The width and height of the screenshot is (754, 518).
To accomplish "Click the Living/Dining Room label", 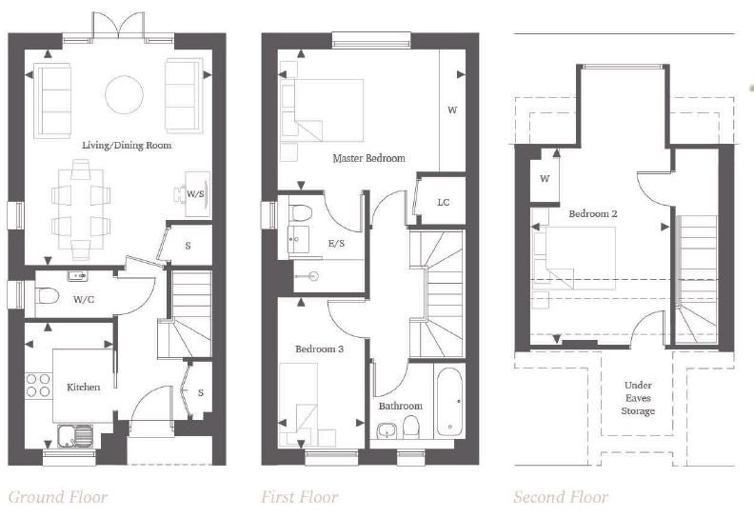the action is coord(127,146).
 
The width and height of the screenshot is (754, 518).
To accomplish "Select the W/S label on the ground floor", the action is coord(195,194).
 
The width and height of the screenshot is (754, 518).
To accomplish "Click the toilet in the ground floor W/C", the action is coord(49,296).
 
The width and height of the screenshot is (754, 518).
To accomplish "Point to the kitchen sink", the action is coord(75,436).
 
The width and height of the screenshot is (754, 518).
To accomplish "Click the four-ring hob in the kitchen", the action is coord(38,386).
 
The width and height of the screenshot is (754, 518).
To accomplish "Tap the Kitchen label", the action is coord(84,388).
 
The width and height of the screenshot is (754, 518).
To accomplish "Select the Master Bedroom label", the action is coord(368,158).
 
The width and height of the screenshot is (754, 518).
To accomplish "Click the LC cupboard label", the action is coord(444,203).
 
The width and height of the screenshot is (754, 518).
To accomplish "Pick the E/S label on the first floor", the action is coord(337,244).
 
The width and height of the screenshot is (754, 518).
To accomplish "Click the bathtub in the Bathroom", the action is coord(450,402).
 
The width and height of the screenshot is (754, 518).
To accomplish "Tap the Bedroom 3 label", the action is coord(319,349).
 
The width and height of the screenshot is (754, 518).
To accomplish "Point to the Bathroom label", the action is coord(401,406).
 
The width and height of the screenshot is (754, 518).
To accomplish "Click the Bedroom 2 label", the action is coord(593,213).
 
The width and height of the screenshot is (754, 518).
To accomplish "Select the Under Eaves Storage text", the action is coord(638,398).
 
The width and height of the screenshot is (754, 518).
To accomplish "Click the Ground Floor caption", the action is coord(58,497).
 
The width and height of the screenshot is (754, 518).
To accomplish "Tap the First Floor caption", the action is coord(300,497).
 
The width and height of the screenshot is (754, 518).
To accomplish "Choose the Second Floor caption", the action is coord(561,497).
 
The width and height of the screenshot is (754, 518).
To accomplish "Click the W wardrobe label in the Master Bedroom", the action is coord(452,110).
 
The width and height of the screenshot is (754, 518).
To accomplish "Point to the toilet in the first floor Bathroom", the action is coord(410,427).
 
